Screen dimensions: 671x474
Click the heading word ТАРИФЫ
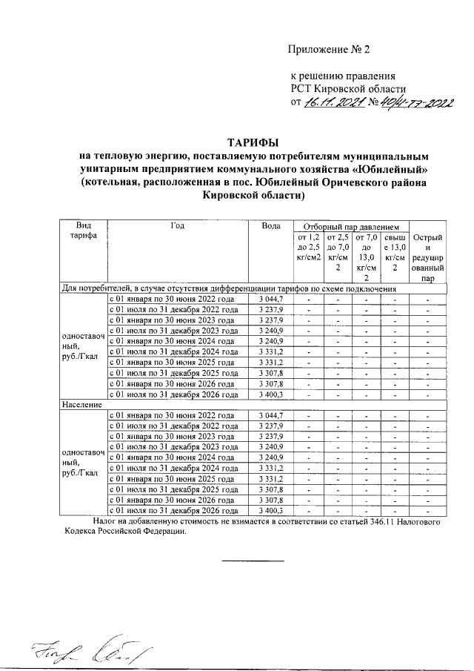point(253,142)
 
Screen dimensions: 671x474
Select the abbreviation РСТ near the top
point(300,89)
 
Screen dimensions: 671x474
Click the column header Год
point(176,225)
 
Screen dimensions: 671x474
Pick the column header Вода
point(271,225)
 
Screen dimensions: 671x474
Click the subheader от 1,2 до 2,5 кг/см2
point(307,247)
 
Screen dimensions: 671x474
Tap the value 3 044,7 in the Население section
point(271,415)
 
